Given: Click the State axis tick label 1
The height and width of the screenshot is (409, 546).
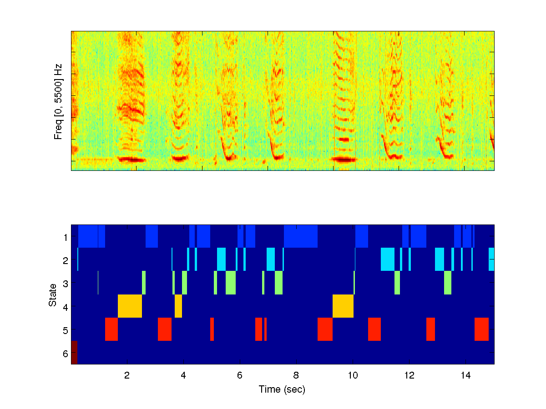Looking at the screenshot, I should coord(65,237).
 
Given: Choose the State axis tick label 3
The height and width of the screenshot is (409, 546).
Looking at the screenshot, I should coord(65,284).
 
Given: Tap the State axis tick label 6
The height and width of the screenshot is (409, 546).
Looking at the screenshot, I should coord(65,353).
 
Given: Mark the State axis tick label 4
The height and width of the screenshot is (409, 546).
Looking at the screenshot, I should coord(65,307).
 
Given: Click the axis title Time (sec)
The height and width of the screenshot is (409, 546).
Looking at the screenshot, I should coord(282,389).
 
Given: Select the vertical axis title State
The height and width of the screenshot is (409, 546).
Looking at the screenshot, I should coord(53,294).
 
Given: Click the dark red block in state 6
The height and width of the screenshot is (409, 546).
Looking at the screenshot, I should coord(74,353).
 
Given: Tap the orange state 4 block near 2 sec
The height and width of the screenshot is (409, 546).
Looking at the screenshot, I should coord(130,306).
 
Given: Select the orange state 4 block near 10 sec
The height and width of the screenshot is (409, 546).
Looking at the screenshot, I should coord(343,306).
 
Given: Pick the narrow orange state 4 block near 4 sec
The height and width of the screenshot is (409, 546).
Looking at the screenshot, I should coord(178,306).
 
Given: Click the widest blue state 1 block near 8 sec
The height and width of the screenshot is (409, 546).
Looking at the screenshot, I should coord(301,236).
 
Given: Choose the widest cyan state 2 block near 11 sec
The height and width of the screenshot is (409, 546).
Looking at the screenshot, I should coord(388,259).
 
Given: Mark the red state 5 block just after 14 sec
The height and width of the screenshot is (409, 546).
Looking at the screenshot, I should coord(481,329).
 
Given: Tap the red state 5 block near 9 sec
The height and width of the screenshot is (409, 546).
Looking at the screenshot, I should coord(325,329).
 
